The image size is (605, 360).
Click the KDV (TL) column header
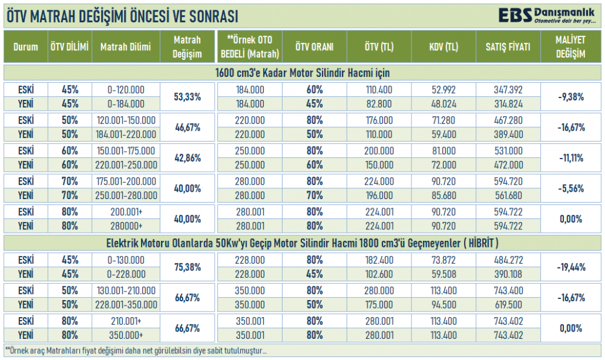pos(443,47)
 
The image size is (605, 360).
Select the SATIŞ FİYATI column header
pos(508,47)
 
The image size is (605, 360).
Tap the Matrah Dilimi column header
pos(126,47)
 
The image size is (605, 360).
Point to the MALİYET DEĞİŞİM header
pos(571,47)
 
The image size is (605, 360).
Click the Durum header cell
pos(25,47)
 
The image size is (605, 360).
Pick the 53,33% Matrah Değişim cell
pos(187,96)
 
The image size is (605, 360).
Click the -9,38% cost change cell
pos(571,96)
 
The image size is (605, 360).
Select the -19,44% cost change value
pos(571,266)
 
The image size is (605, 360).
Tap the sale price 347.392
pos(508,90)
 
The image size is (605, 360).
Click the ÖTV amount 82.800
pos(379,103)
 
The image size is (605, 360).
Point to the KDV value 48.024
pos(443,103)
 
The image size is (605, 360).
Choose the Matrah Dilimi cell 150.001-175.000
pos(126,151)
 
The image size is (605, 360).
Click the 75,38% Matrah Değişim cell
pos(187,266)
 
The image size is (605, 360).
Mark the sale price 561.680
pos(508,195)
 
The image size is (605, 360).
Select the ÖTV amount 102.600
pos(379,273)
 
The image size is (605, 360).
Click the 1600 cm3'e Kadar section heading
pos(302,73)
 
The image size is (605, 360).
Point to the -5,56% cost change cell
pos(571,188)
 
